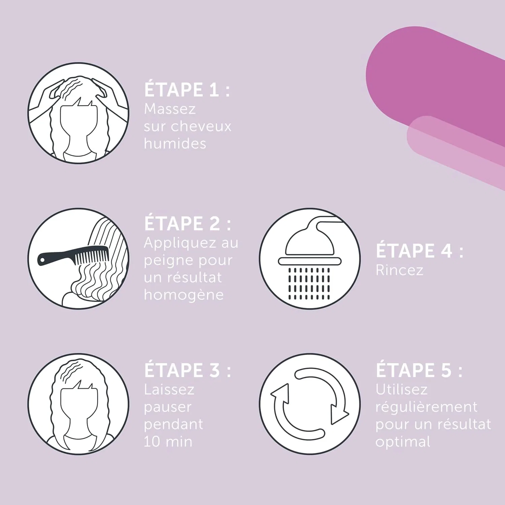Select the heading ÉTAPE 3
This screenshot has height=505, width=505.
[x=188, y=370]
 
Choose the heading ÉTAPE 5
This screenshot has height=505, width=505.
[x=419, y=370]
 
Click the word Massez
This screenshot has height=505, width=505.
[x=170, y=109]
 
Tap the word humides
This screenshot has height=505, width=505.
[x=175, y=144]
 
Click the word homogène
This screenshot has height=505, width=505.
[x=184, y=295]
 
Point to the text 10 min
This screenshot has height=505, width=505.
[x=168, y=442]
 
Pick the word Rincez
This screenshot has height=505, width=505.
[x=399, y=270]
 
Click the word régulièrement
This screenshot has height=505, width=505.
[x=427, y=407]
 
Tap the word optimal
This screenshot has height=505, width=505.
[x=403, y=442]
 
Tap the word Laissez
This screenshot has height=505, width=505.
[x=169, y=390]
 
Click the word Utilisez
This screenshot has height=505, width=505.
[x=402, y=390]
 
